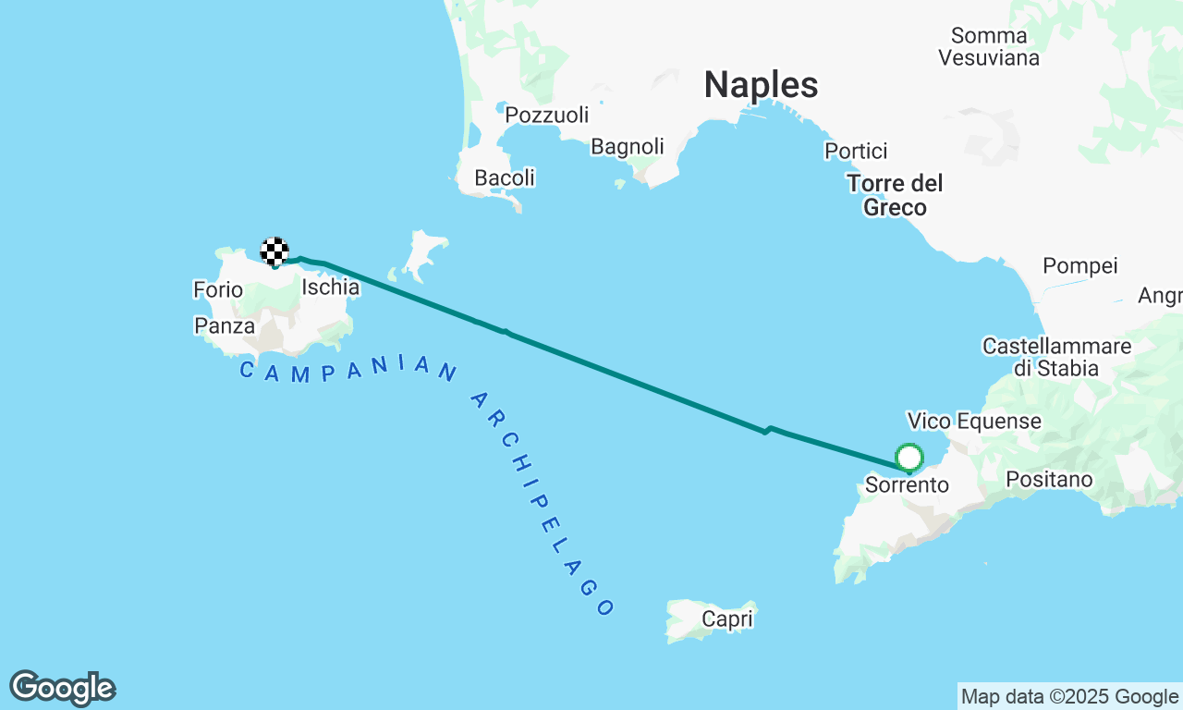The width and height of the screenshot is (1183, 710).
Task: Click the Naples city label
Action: click(x=761, y=85)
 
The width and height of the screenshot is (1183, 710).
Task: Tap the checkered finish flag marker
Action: click(x=274, y=251)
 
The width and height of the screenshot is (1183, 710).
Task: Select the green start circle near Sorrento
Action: click(x=909, y=458)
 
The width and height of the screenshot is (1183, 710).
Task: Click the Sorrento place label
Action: click(x=907, y=484)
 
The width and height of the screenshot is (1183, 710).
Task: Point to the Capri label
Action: click(x=727, y=619)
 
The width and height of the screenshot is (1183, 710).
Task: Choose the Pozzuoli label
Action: click(x=547, y=116)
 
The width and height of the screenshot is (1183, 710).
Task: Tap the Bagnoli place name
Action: click(x=628, y=147)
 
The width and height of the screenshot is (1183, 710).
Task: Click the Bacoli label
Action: click(x=505, y=177)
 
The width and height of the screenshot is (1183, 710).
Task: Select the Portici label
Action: click(x=856, y=151)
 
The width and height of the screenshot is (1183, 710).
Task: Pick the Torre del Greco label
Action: click(x=895, y=195)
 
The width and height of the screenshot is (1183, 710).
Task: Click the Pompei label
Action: click(x=1080, y=266)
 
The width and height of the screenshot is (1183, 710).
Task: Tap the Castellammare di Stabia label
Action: click(x=1057, y=357)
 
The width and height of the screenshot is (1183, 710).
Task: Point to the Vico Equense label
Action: click(x=974, y=422)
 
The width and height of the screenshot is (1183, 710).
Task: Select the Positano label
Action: click(x=1049, y=480)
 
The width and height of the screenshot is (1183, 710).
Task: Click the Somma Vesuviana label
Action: click(x=989, y=46)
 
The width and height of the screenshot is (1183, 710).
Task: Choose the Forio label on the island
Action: click(x=218, y=290)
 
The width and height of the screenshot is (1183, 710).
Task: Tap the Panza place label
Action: click(x=225, y=326)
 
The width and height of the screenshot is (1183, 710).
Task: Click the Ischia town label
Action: click(x=330, y=288)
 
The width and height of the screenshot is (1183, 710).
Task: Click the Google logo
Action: click(x=62, y=689)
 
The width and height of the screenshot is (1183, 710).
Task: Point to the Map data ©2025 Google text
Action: click(x=1069, y=696)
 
